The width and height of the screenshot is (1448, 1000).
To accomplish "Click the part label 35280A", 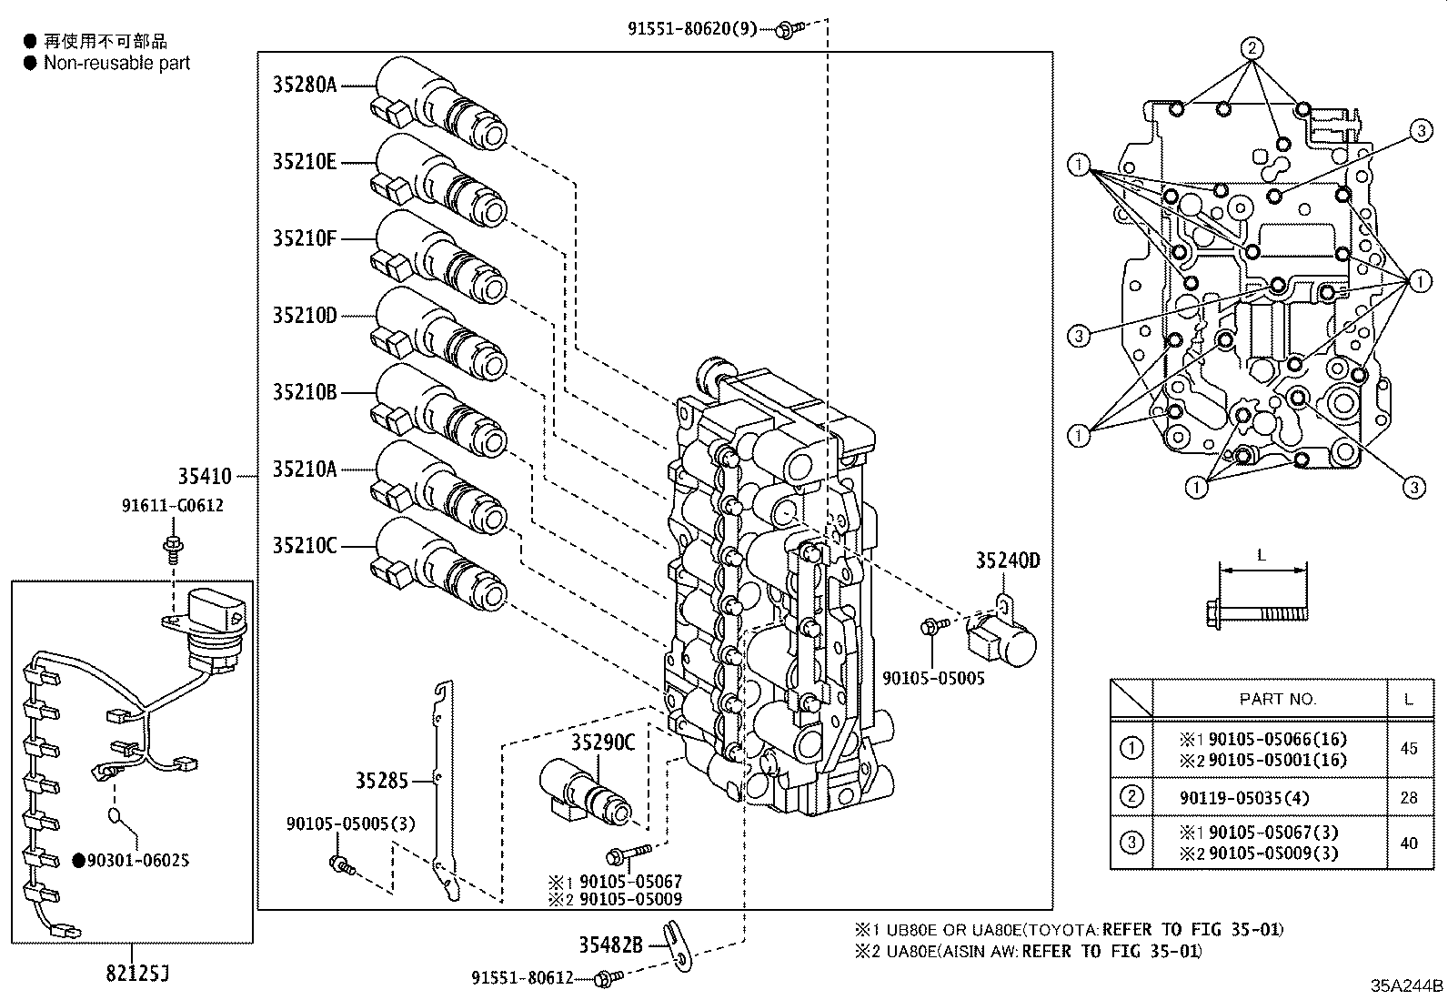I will (305, 86).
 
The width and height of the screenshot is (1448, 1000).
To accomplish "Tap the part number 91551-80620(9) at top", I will (691, 28).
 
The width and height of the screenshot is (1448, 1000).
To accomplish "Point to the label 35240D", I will (1007, 561).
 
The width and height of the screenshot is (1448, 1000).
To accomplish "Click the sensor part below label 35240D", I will (1001, 640).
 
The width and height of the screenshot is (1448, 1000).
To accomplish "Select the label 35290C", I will (602, 742).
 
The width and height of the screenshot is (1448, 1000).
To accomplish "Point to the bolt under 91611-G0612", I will (171, 547).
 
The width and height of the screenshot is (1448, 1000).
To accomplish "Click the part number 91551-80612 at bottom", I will (522, 978).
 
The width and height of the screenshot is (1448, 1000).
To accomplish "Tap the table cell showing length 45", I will (1408, 749).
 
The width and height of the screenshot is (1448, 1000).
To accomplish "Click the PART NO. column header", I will (1277, 699).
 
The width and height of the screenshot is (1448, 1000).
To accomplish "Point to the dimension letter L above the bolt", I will (1261, 554).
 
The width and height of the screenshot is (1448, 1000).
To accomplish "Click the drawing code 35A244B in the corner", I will (1407, 985).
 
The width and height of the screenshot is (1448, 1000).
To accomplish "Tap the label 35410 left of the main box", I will (205, 476).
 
